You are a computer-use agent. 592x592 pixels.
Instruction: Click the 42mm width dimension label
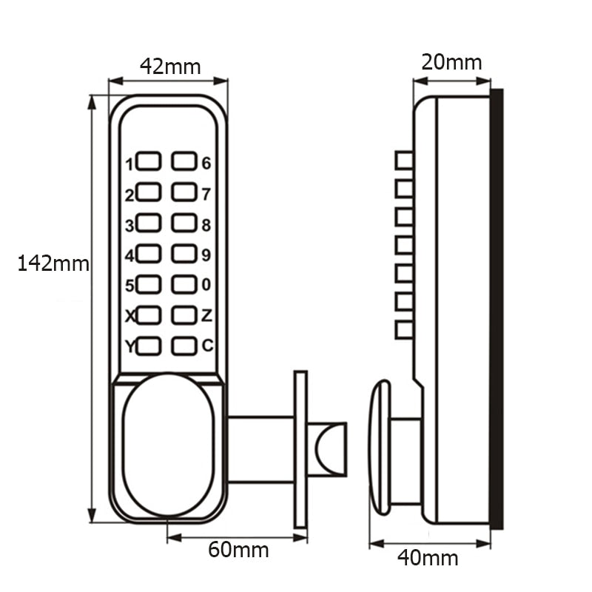coord(169,67)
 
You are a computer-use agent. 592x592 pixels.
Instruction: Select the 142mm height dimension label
coord(53,263)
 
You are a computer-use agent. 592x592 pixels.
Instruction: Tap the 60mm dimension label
coord(238,550)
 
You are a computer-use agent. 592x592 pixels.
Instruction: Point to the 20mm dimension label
coord(451,62)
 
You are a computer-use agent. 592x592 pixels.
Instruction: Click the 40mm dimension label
coord(428,557)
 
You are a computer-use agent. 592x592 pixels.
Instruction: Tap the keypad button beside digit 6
coord(184,161)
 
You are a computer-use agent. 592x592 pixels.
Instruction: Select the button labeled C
coord(184,346)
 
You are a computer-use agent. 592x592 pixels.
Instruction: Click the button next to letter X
coord(149,315)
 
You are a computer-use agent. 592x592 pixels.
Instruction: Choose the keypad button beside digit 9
coord(184,254)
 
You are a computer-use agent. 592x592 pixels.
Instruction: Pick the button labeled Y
coord(149,346)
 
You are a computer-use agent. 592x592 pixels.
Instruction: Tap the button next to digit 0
coord(184,284)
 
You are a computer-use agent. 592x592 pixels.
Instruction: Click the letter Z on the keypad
coord(206,315)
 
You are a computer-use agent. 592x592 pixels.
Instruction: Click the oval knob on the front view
coord(168,444)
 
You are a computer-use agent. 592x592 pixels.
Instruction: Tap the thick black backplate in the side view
coord(497,309)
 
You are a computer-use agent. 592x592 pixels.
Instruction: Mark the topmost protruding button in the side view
coord(404,161)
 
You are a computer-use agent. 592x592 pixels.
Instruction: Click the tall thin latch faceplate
coord(300,449)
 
